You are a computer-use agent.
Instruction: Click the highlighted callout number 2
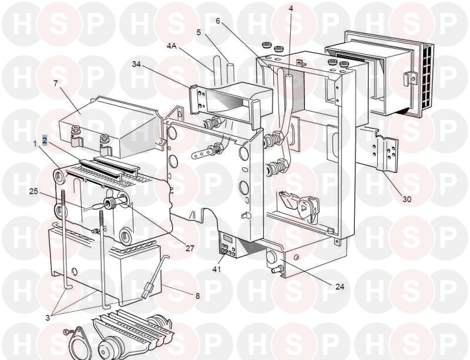[45, 140]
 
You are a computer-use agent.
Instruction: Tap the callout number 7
[56, 83]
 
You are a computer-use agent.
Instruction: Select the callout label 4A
[172, 46]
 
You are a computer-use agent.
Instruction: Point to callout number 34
[137, 64]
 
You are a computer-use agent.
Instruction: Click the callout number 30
[407, 199]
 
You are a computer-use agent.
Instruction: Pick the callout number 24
[340, 287]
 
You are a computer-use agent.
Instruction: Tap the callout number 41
[216, 269]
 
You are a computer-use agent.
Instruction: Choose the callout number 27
[190, 248]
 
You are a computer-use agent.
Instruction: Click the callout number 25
[33, 191]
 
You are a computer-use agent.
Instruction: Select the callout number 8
[197, 296]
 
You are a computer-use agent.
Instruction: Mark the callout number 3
[48, 318]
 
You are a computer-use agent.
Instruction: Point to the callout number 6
[218, 21]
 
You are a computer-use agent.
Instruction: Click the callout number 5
[199, 32]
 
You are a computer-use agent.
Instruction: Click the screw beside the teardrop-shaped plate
[66, 332]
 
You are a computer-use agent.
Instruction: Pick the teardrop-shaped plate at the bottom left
[79, 342]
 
